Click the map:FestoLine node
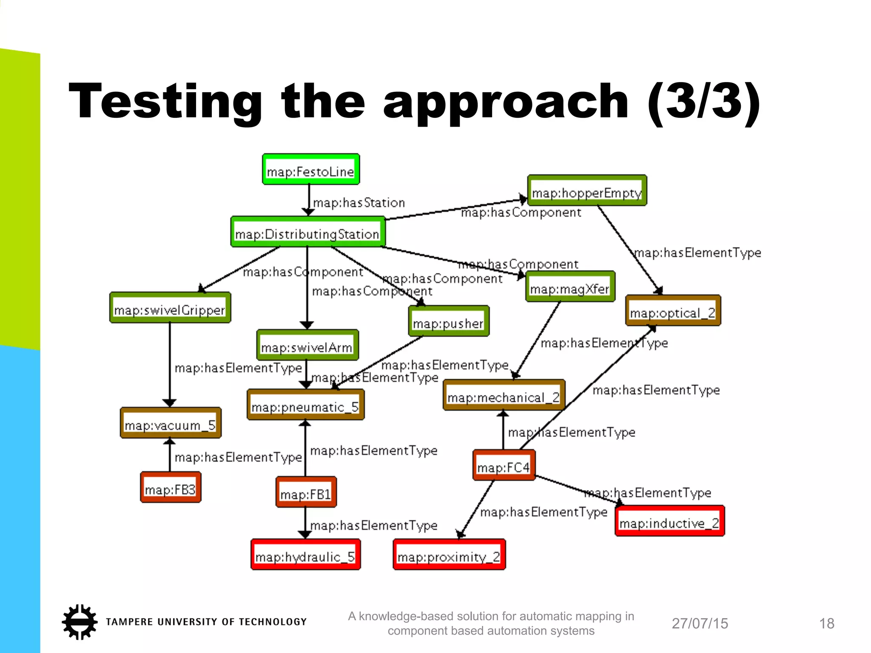click(311, 169)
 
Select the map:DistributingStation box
click(308, 232)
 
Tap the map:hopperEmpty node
click(587, 191)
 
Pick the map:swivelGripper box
click(170, 308)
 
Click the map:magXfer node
click(570, 287)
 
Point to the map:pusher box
click(449, 321)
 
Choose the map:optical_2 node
click(673, 311)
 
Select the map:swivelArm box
click(307, 345)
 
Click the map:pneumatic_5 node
click(305, 405)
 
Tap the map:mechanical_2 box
click(504, 395)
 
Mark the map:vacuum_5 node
click(171, 423)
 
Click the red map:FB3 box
click(171, 488)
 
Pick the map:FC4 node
click(504, 466)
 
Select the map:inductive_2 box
click(669, 521)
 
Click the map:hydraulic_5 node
click(305, 555)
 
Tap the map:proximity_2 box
click(449, 555)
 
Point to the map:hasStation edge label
click(359, 203)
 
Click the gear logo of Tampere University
click(80, 622)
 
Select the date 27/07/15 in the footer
click(700, 624)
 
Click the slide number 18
click(826, 624)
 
